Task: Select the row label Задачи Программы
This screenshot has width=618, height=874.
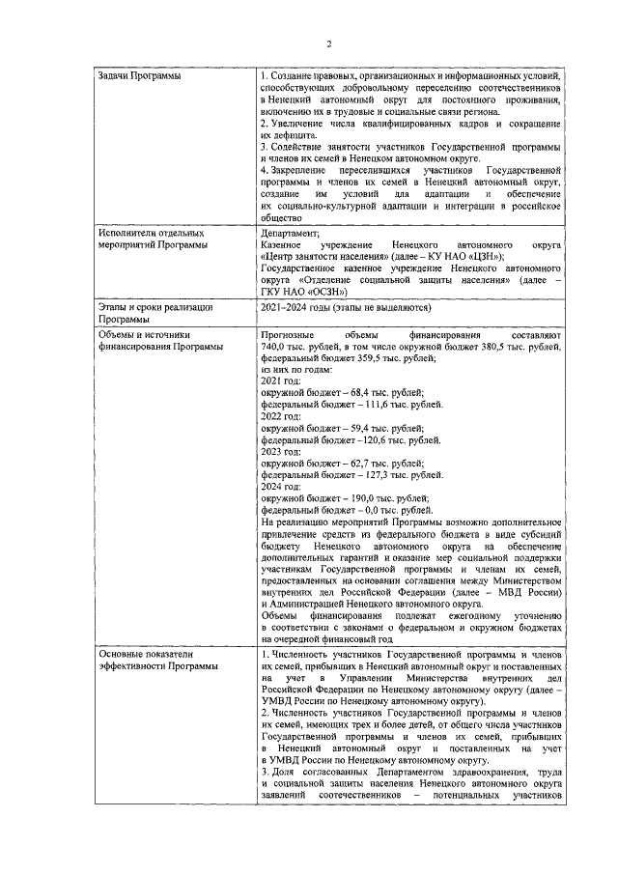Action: [141, 75]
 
